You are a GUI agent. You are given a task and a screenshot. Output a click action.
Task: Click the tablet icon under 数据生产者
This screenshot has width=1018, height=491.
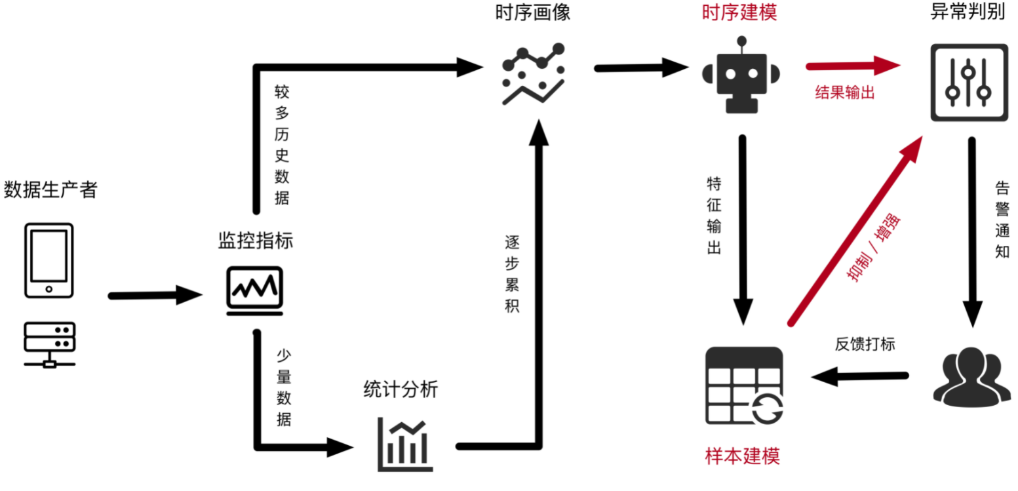tap(49, 260)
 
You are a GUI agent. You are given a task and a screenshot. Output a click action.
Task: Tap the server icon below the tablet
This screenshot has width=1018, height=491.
tap(49, 344)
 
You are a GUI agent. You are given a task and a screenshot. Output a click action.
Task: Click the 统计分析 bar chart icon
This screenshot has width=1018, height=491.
tap(405, 445)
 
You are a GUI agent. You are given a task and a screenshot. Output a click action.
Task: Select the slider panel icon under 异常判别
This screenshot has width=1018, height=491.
tap(969, 82)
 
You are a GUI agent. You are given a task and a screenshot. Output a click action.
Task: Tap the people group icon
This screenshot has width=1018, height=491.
tap(971, 377)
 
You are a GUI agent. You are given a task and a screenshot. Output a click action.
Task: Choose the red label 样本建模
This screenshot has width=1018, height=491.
tap(743, 456)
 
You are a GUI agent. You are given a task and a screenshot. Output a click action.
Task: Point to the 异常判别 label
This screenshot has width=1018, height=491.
tap(968, 13)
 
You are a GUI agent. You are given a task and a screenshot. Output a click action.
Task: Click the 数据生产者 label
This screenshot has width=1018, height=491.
tap(50, 190)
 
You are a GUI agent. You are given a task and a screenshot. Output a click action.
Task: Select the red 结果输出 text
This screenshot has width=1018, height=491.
tap(844, 92)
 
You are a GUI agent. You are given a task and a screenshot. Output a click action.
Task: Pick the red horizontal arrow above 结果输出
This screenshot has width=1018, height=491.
tap(852, 66)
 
